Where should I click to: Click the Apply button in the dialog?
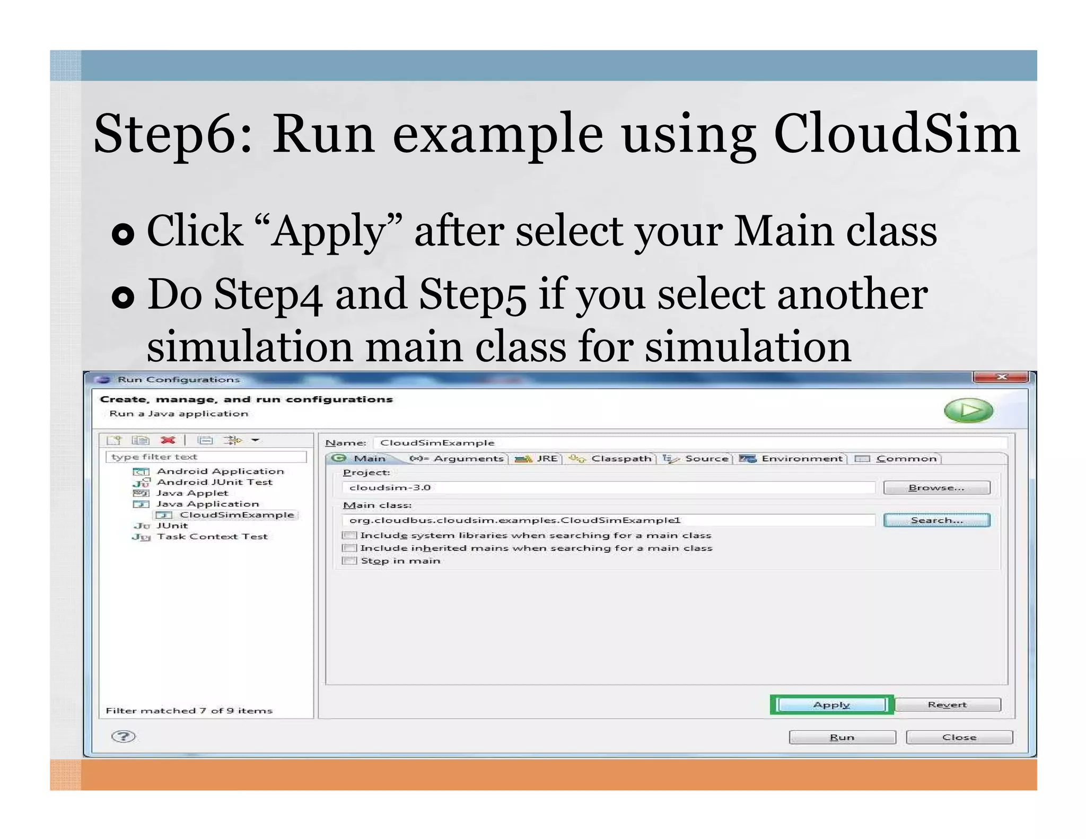pyautogui.click(x=831, y=705)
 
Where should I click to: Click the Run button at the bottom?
pyautogui.click(x=842, y=738)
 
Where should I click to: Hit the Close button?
pyautogui.click(x=959, y=738)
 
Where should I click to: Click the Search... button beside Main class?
pyautogui.click(x=936, y=520)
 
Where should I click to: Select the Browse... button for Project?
pyautogui.click(x=936, y=488)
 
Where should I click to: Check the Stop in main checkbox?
pyautogui.click(x=349, y=561)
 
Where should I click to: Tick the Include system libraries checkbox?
pyautogui.click(x=349, y=536)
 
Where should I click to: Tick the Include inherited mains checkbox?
pyautogui.click(x=349, y=548)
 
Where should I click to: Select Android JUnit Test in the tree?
pyautogui.click(x=214, y=482)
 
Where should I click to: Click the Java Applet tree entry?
pyautogui.click(x=192, y=493)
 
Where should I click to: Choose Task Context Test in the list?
pyautogui.click(x=212, y=537)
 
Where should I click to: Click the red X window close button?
pyautogui.click(x=1001, y=377)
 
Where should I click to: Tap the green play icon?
pyautogui.click(x=968, y=410)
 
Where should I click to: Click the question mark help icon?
pyautogui.click(x=124, y=737)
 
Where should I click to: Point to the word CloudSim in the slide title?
pyautogui.click(x=896, y=135)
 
